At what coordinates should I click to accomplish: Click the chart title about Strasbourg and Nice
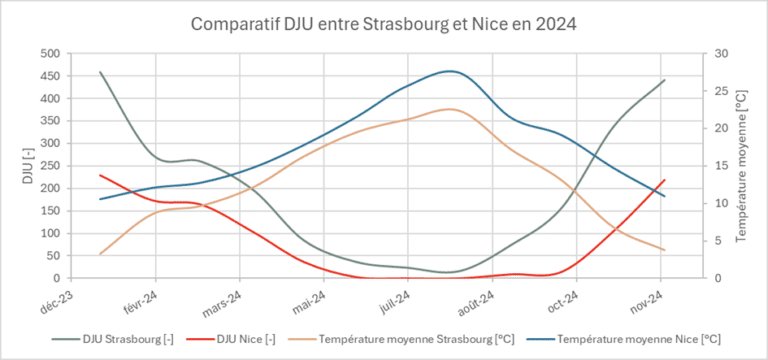[x=384, y=22]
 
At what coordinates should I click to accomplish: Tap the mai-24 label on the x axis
[x=310, y=298]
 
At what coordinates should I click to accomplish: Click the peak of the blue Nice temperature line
[x=450, y=71]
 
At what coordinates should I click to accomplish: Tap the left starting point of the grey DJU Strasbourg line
[x=100, y=72]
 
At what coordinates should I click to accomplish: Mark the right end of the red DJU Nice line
[x=664, y=180]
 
